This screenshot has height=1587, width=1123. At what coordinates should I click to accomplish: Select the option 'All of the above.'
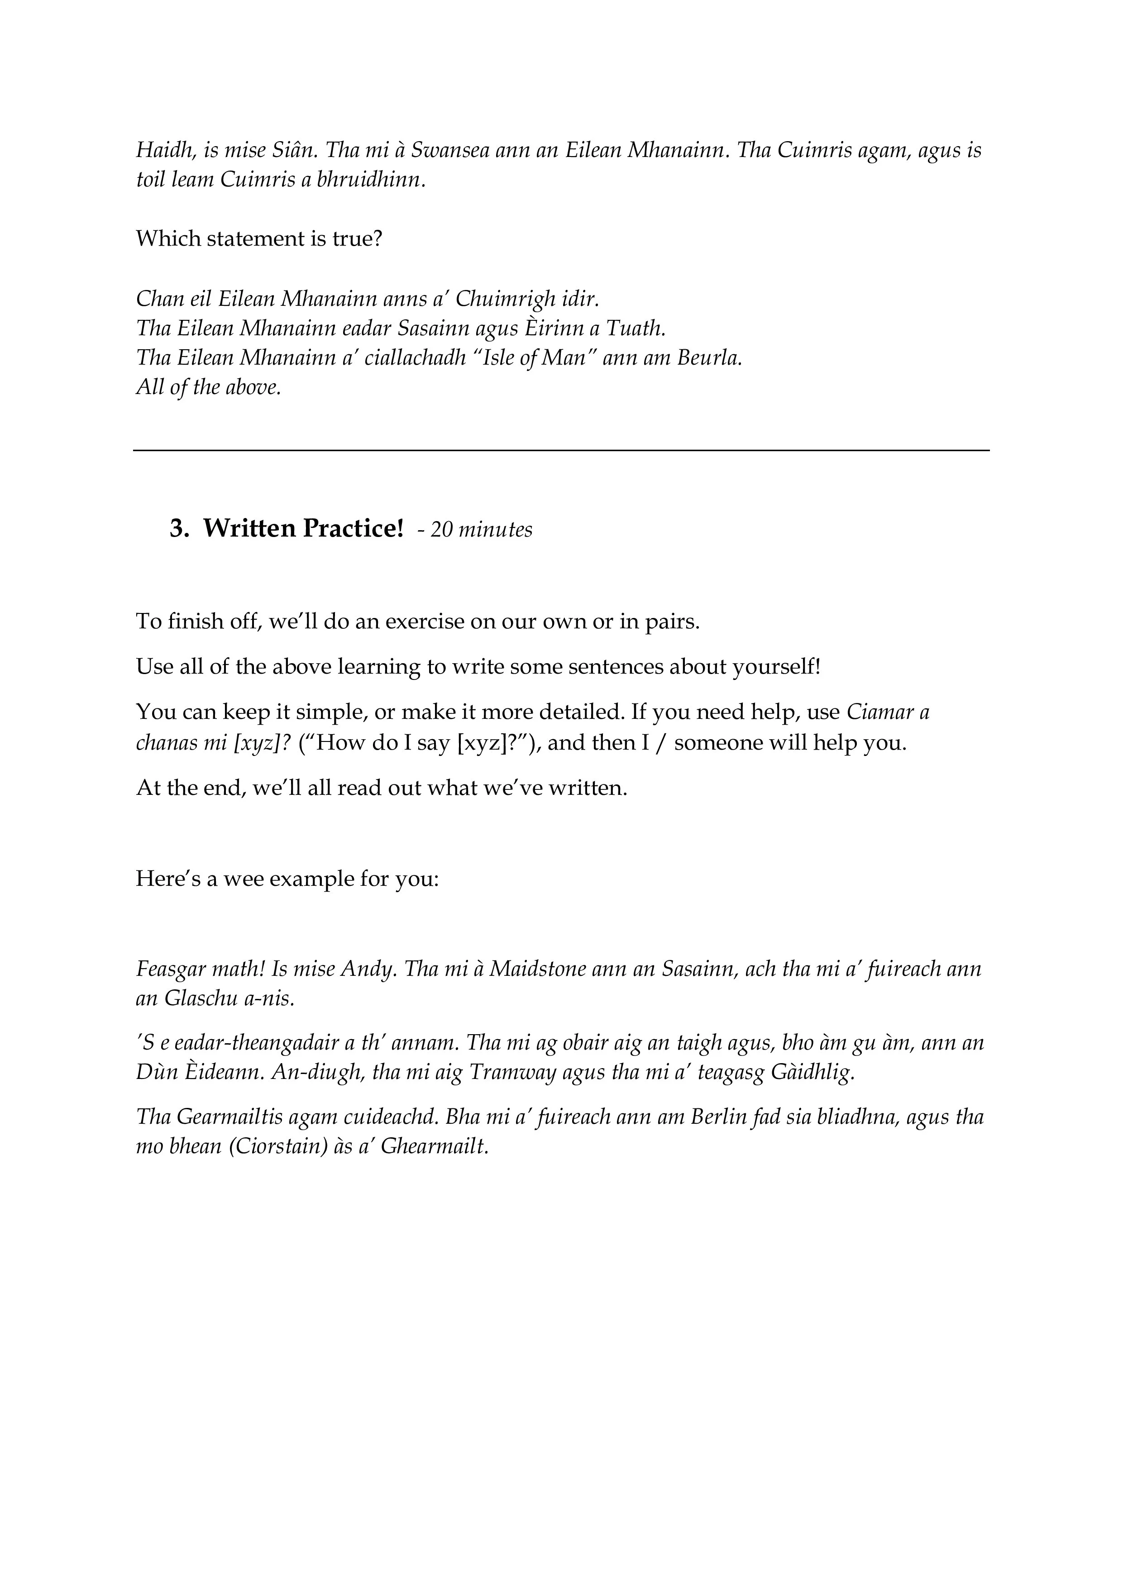pyautogui.click(x=208, y=387)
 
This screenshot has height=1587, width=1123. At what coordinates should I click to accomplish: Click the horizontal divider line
pyautogui.click(x=561, y=451)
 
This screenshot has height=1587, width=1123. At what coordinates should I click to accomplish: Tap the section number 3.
pyautogui.click(x=179, y=529)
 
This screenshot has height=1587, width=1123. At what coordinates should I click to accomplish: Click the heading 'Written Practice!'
pyautogui.click(x=303, y=529)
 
